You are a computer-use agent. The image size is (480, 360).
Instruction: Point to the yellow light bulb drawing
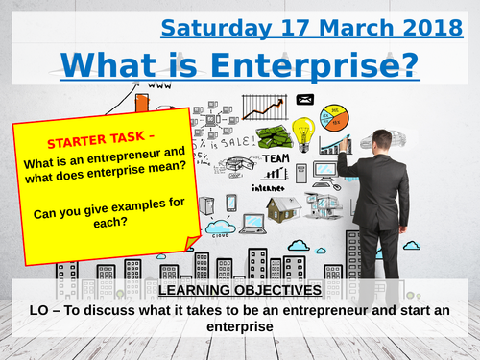coord(303,132)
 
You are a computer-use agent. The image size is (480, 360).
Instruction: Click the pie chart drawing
coord(341,122)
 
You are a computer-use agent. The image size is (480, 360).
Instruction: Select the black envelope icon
coord(306,99)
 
